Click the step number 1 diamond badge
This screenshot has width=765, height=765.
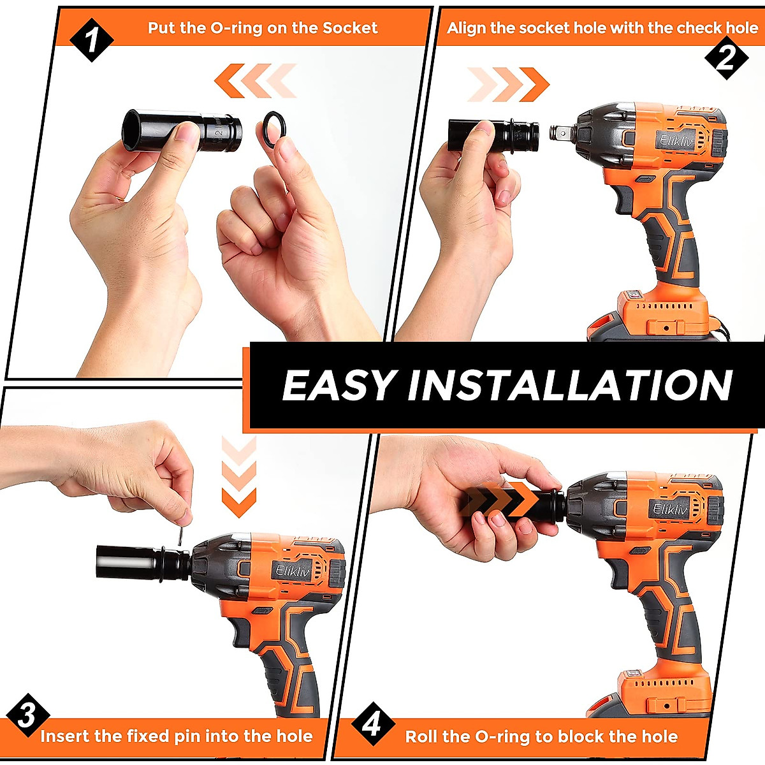click(x=92, y=40)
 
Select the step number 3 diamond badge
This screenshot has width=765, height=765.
click(x=28, y=716)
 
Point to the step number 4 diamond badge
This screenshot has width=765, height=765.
click(x=373, y=724)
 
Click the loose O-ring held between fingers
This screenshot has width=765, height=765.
click(x=275, y=130)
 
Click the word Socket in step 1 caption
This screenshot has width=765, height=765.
click(x=349, y=28)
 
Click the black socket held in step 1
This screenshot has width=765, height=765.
click(x=182, y=131)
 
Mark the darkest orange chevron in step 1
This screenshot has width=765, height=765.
click(x=229, y=80)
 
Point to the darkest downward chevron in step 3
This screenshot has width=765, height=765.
click(x=238, y=502)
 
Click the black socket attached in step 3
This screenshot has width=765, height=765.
click(x=143, y=562)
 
